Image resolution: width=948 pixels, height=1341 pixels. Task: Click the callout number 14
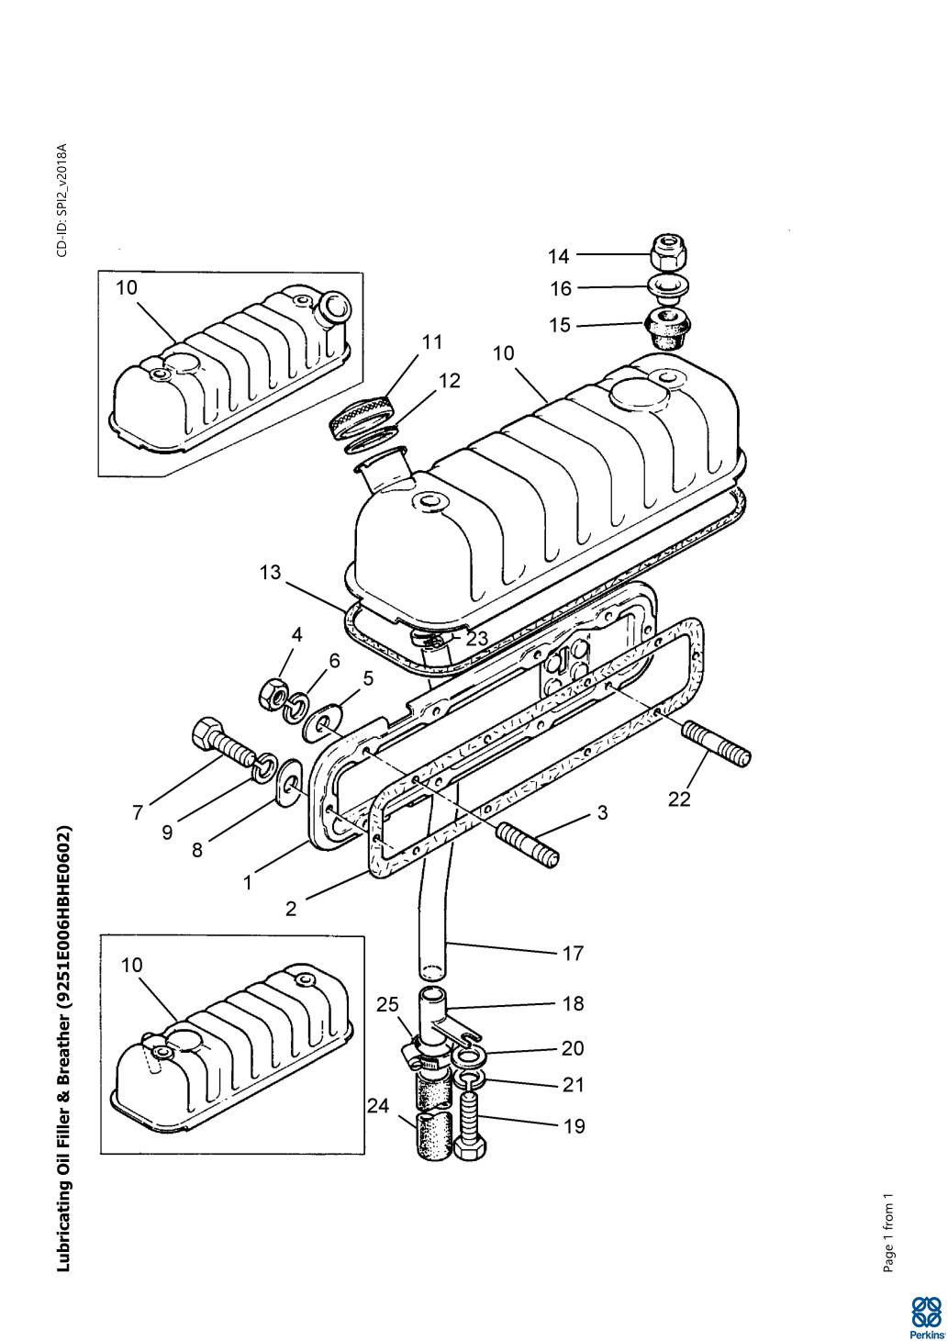click(x=559, y=256)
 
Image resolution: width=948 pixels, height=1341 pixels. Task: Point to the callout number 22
click(x=679, y=799)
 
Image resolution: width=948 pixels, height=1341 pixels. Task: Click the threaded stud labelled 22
click(x=718, y=743)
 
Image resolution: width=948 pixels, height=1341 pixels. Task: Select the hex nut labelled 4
click(x=273, y=695)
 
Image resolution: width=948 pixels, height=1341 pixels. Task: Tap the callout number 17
click(x=573, y=954)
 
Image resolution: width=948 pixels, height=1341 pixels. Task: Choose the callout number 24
click(x=378, y=1106)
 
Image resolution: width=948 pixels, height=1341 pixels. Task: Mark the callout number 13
click(x=270, y=573)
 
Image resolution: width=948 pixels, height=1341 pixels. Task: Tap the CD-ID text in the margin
click(x=62, y=200)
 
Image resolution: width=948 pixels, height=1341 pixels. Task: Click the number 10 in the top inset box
click(x=127, y=287)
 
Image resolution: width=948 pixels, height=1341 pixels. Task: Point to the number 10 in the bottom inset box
click(x=132, y=965)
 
